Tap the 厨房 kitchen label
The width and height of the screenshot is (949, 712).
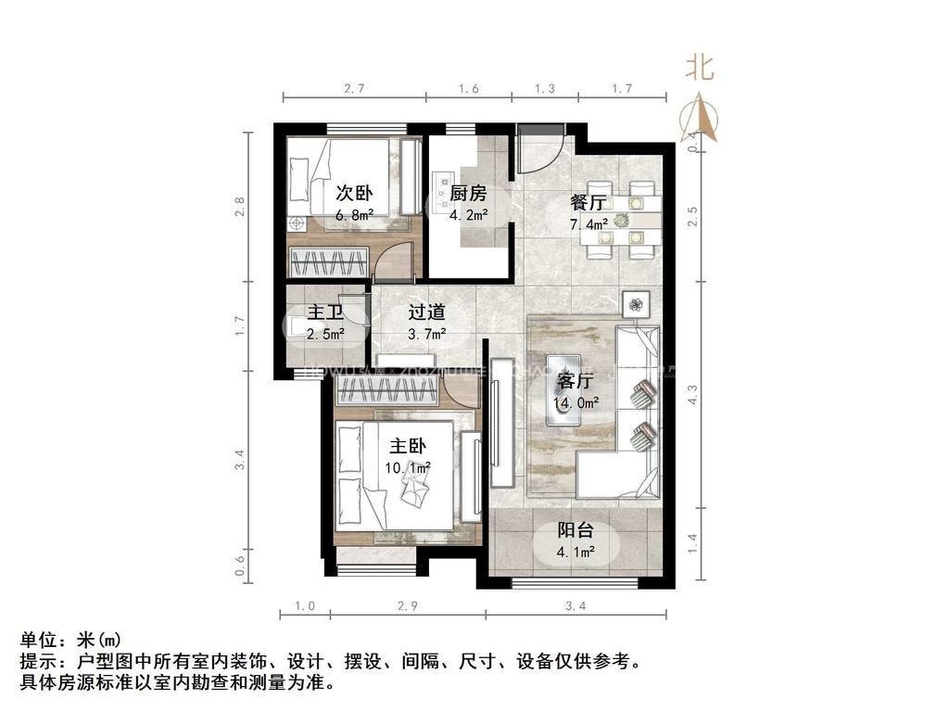(468, 194)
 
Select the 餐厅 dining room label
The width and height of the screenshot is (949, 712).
(588, 203)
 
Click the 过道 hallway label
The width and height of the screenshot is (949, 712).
(427, 312)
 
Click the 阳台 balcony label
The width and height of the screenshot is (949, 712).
(576, 531)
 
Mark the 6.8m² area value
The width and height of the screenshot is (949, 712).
(354, 215)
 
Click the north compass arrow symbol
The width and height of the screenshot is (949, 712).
(700, 115)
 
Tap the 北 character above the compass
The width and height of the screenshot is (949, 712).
(700, 67)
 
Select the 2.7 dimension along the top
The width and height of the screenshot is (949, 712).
(354, 89)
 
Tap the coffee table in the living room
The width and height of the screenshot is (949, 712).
(563, 389)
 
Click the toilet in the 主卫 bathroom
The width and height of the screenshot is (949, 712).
(296, 324)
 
